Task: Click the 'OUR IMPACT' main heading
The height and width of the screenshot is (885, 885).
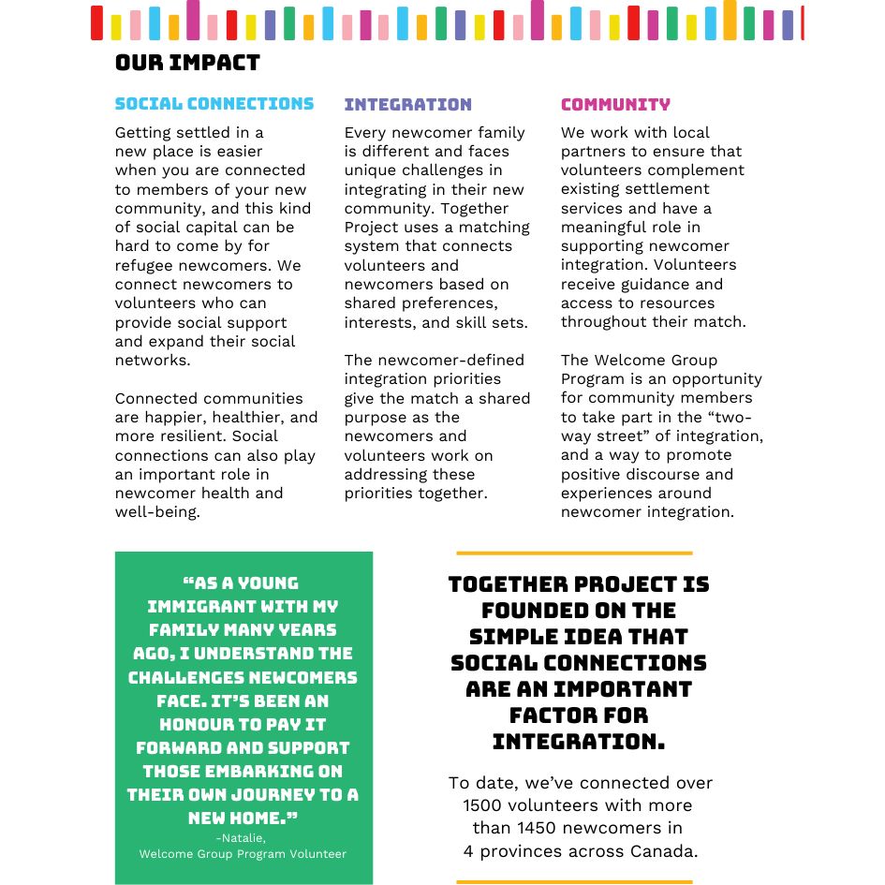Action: click(x=187, y=64)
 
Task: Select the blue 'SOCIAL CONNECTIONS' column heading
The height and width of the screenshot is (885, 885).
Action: click(x=214, y=104)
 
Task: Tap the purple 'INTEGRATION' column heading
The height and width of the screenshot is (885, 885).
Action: click(x=407, y=105)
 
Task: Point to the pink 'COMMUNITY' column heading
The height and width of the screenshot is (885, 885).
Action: click(x=615, y=105)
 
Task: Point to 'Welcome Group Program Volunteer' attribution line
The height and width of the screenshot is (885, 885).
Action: click(x=243, y=854)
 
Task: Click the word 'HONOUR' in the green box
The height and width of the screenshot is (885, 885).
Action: click(x=198, y=724)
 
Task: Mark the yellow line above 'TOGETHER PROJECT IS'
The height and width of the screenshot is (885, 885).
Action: click(x=574, y=553)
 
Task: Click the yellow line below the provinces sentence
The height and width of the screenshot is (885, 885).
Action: click(x=574, y=881)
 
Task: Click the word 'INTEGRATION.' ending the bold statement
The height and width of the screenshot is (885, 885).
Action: click(x=578, y=742)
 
